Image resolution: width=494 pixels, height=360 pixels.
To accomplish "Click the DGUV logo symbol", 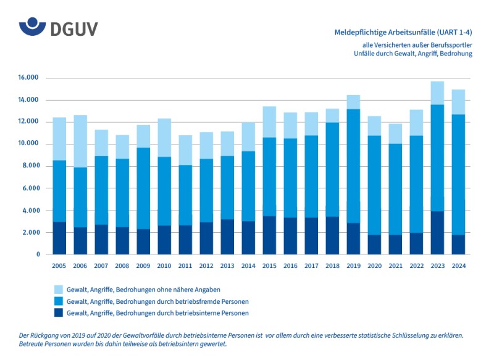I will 32,27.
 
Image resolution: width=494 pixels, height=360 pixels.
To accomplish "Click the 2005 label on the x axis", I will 59,266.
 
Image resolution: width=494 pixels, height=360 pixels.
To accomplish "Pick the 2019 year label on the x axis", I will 353,266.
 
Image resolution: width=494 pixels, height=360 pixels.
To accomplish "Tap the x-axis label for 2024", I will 458,266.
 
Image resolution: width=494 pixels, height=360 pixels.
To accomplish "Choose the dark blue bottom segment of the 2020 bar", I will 374,245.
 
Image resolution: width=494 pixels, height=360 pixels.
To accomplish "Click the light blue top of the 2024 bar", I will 458,102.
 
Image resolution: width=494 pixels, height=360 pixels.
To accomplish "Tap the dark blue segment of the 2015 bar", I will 269,235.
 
